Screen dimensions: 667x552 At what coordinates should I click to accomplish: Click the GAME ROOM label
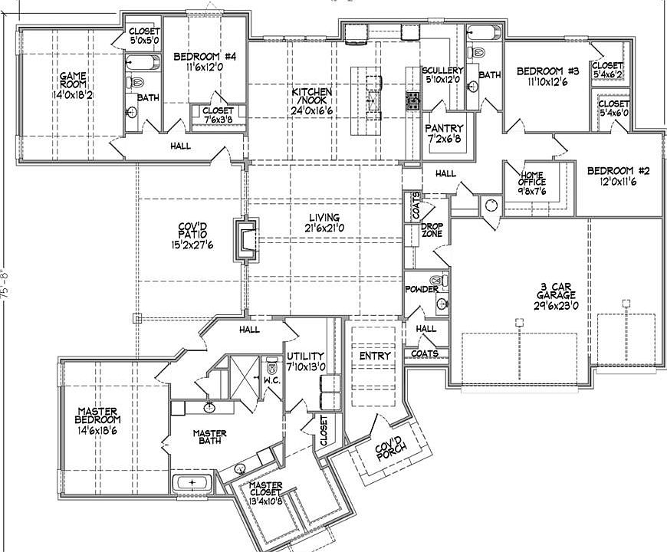pyautogui.click(x=73, y=80)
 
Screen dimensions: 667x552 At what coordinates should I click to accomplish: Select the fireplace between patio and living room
pyautogui.click(x=246, y=240)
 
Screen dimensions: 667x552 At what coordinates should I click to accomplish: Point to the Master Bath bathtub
pyautogui.click(x=192, y=483)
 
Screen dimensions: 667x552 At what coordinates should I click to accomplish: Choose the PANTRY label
pyautogui.click(x=444, y=128)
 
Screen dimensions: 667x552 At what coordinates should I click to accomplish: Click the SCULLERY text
pyautogui.click(x=442, y=71)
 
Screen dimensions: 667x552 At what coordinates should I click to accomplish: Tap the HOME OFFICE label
pyautogui.click(x=532, y=178)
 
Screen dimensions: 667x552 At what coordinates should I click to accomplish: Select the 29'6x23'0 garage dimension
pyautogui.click(x=556, y=306)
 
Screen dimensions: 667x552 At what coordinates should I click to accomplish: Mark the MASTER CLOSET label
pyautogui.click(x=265, y=488)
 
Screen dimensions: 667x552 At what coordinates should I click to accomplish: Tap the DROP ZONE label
pyautogui.click(x=432, y=230)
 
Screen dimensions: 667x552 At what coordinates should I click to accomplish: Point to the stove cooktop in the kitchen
pyautogui.click(x=413, y=101)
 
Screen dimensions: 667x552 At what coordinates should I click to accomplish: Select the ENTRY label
pyautogui.click(x=375, y=356)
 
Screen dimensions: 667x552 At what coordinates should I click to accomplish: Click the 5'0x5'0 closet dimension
pyautogui.click(x=145, y=41)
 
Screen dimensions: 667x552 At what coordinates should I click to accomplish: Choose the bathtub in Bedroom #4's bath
pyautogui.click(x=143, y=64)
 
